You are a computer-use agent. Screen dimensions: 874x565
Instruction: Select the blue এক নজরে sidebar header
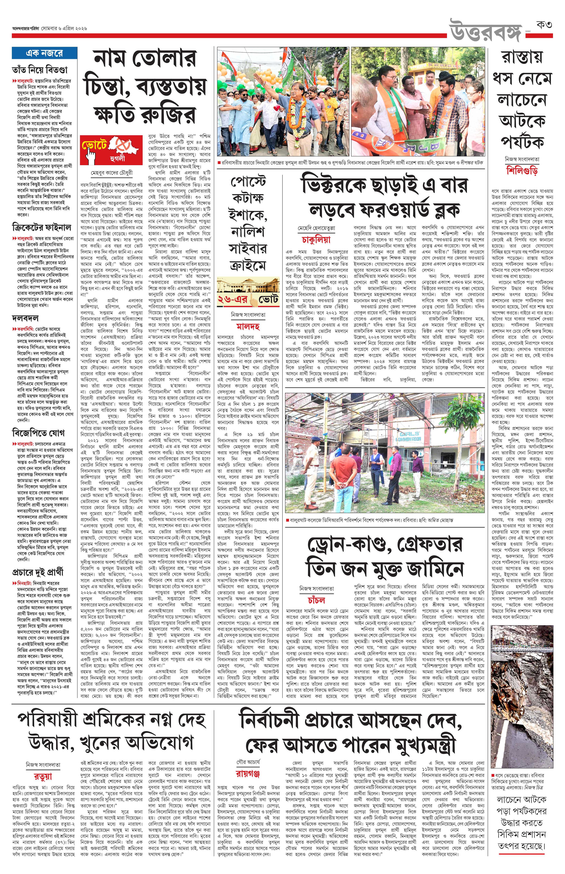(x=44, y=53)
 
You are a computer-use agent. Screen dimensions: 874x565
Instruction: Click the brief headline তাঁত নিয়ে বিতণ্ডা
(x=40, y=70)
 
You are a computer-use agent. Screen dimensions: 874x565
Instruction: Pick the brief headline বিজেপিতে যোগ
(x=38, y=432)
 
